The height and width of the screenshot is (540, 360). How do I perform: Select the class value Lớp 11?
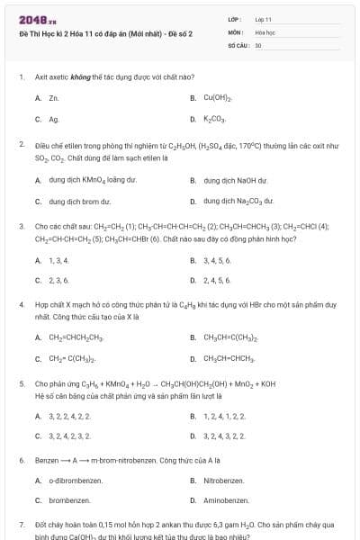(263, 19)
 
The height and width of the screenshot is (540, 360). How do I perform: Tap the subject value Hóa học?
(265, 31)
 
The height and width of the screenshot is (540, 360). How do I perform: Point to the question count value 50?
(258, 44)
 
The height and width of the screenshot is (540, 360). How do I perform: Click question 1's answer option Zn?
(54, 97)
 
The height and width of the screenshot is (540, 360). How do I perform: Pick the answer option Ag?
(54, 119)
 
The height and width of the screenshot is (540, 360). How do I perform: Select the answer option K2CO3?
(215, 119)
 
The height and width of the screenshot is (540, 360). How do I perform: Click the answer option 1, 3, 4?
(58, 260)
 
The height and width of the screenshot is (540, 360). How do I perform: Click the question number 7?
(21, 523)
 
